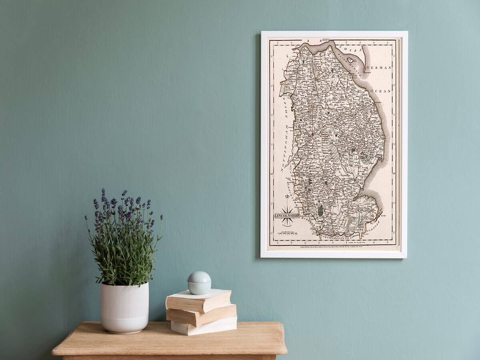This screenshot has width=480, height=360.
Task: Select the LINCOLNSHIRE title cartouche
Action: click(287, 215)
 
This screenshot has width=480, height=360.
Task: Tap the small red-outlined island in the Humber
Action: click(350, 60)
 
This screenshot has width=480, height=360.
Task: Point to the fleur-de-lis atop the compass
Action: click(287, 198)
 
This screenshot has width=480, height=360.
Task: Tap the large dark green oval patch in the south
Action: click(320, 210)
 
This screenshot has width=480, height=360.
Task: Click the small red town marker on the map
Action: click(312, 134)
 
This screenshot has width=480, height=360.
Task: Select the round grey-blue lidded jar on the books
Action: click(199, 282)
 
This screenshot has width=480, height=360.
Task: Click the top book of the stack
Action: click(199, 300)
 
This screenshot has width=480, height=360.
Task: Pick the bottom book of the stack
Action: click(204, 326)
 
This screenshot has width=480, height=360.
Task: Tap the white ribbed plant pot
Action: click(124, 307)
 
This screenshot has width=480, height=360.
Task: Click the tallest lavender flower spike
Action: click(103, 196)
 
